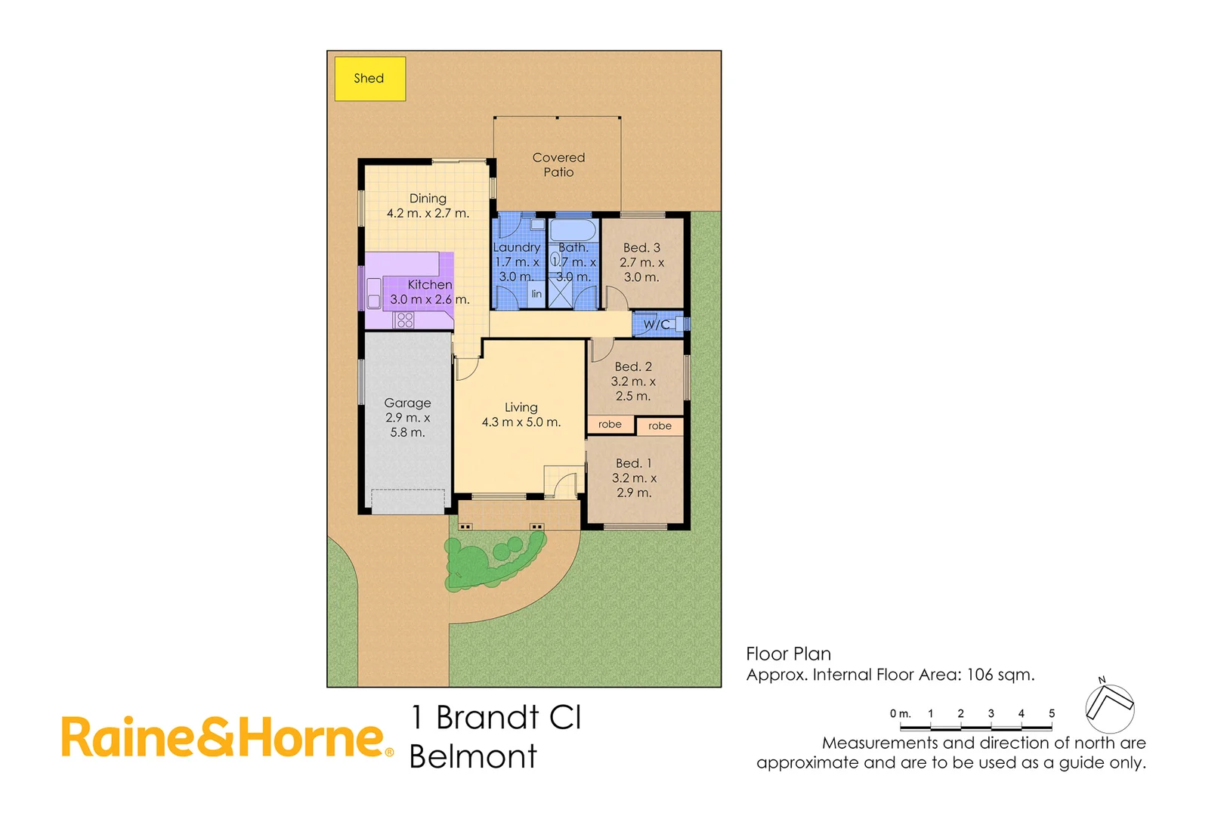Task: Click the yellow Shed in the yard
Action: [x=369, y=79]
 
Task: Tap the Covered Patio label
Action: [x=558, y=165]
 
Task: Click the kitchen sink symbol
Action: [x=374, y=293]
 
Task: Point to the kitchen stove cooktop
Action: [x=404, y=320]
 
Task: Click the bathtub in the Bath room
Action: [x=573, y=229]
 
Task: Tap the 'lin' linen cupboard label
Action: [x=536, y=294]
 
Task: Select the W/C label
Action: [x=656, y=325]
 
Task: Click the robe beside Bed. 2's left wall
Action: [x=610, y=425]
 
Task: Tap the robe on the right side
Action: [x=660, y=426]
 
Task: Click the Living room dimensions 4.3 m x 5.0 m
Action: [x=521, y=422]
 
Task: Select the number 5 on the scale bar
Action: [x=1051, y=713]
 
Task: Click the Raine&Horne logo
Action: [x=227, y=737]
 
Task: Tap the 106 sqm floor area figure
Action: [x=1000, y=675]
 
